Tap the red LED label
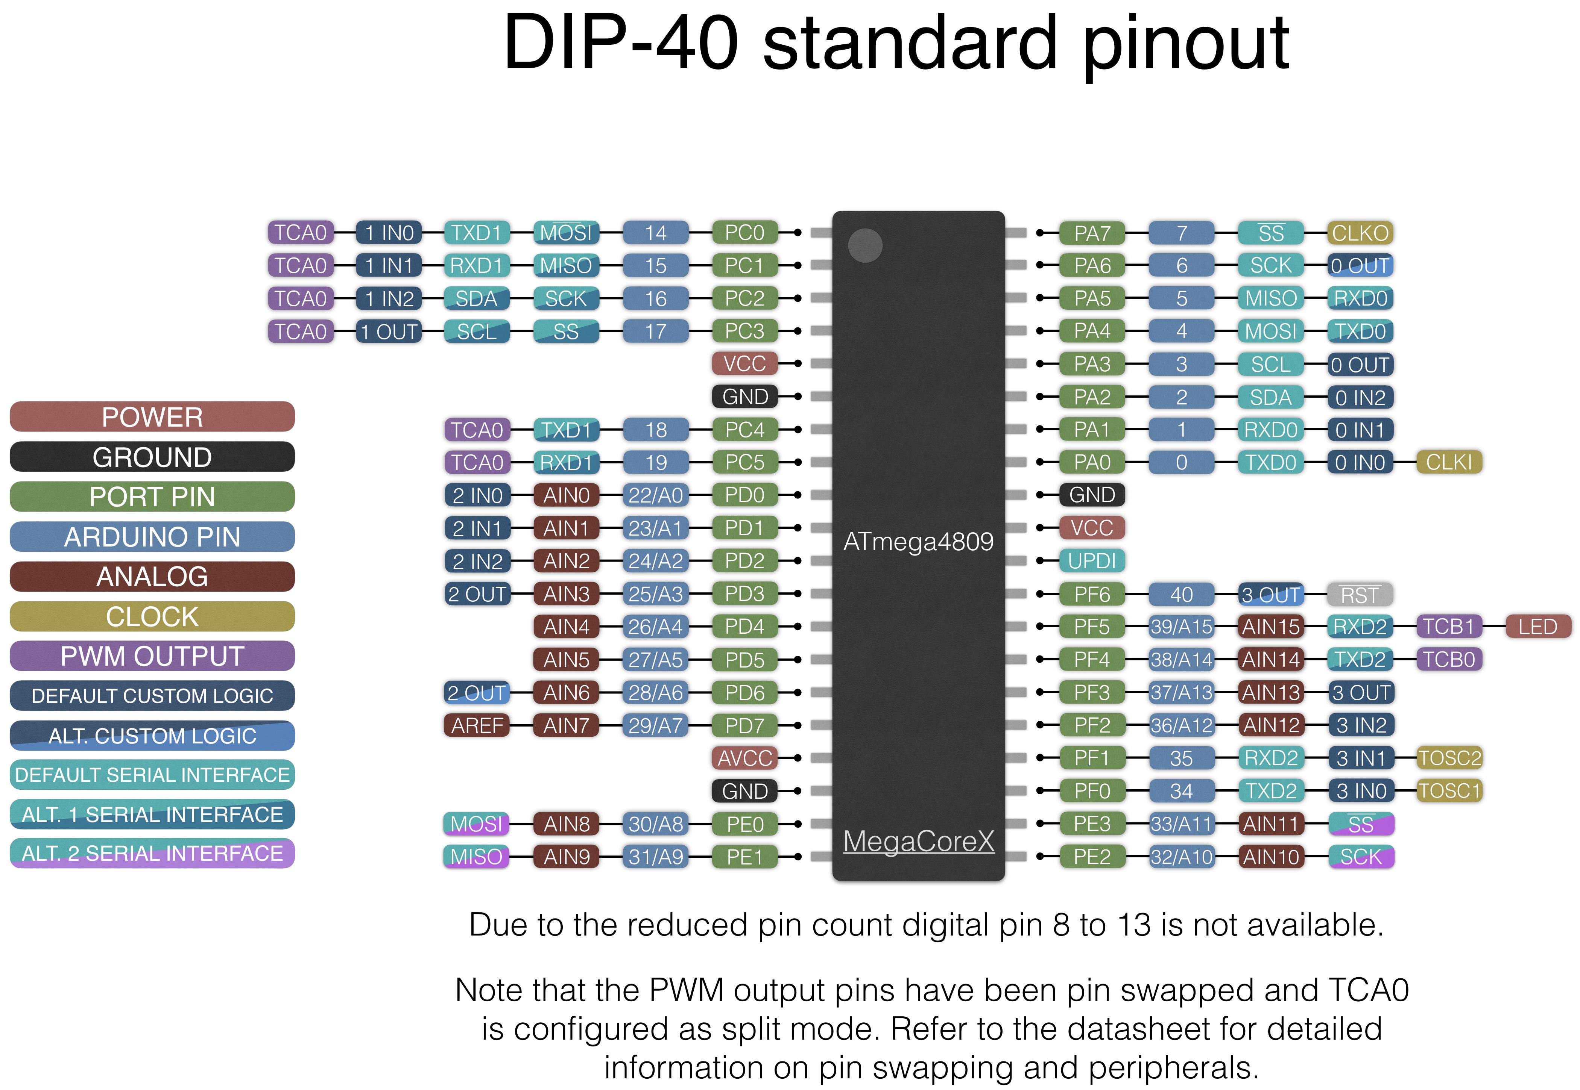pos(1537,626)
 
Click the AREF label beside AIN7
pos(477,725)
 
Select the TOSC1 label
pos(1449,791)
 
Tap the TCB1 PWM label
pos(1449,626)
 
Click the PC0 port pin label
pos(744,233)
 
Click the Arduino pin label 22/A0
pos(655,495)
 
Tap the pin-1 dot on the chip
pos(865,245)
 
